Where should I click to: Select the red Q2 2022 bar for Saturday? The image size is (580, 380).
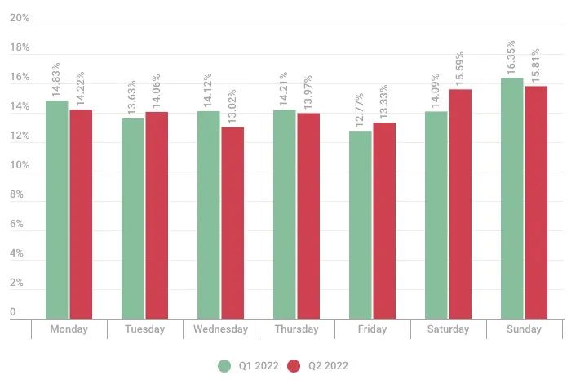pos(460,203)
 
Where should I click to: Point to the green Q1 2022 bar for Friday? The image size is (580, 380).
pos(361,224)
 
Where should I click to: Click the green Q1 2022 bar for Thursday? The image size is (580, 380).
pos(285,213)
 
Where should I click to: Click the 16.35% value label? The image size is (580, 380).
pos(511,58)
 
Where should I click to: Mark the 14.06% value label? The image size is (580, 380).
pos(156,92)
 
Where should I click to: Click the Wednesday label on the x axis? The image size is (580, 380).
pos(220,329)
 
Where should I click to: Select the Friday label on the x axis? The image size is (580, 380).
pos(372,329)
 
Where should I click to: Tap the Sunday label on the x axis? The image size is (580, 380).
pos(524,329)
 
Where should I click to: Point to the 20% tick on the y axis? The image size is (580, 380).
pos(20,18)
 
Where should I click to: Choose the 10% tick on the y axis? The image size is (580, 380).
pos(20,165)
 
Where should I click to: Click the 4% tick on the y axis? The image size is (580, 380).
pos(16,253)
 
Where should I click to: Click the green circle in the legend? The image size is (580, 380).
pos(224,365)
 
